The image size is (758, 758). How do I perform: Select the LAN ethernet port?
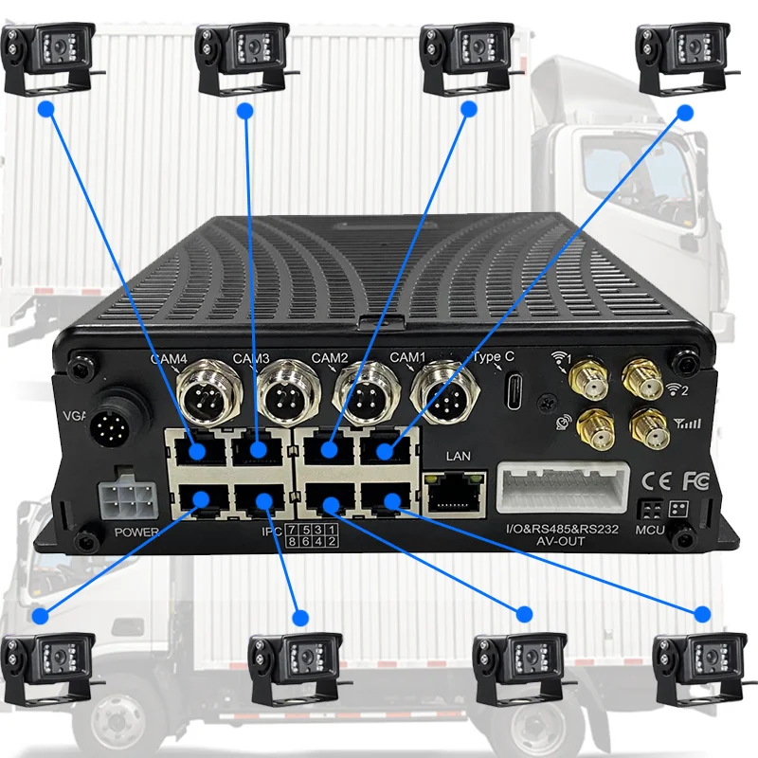click(451, 490)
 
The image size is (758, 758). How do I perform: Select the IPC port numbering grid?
click(313, 535)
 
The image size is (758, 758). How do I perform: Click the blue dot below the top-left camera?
click(44, 109)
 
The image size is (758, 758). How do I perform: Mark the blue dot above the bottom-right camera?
click(702, 611)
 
